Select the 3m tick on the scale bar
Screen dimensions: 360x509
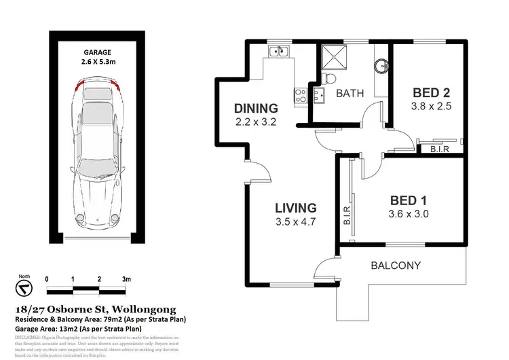coord(126,279)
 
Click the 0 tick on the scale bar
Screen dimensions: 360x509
coord(47,279)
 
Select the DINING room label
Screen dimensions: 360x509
coord(256,108)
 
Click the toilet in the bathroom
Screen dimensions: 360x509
coord(326,75)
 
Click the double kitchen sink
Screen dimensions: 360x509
coord(278,51)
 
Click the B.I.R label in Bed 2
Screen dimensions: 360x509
coord(432,148)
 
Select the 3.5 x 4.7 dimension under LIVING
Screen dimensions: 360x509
coord(295,221)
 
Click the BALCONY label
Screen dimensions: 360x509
coord(397,266)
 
